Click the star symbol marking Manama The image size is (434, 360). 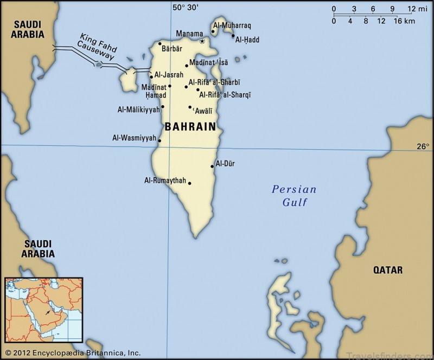pos(202,41)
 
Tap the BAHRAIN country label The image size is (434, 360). pos(190,127)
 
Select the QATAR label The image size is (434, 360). pos(387,269)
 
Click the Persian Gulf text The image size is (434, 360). pos(294,196)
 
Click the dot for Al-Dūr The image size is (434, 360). pos(212,166)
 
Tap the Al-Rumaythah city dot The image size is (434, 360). pos(189,183)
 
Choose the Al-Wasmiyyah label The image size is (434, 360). pos(134,138)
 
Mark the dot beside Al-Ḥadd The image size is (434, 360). pos(233,36)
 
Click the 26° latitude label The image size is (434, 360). pos(423,146)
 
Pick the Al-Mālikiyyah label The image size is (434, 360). pos(139,110)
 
